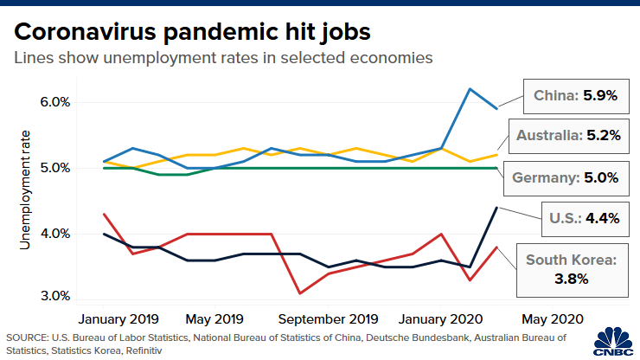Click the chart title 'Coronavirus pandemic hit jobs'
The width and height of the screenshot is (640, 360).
191,32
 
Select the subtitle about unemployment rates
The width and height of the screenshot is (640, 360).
223,59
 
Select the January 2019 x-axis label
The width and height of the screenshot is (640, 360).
121,318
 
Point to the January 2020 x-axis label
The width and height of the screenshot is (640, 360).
444,318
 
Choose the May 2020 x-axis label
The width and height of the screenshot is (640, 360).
551,318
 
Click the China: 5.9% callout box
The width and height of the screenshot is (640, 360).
573,97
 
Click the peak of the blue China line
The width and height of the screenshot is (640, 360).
470,88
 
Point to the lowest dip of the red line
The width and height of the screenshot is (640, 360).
299,292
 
